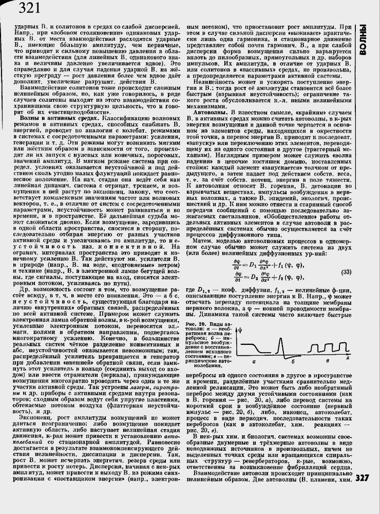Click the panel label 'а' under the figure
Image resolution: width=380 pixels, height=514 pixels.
coord(253,362)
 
